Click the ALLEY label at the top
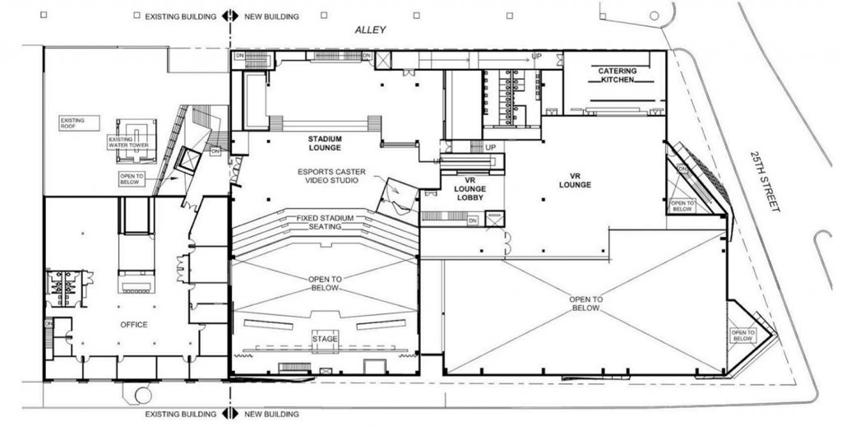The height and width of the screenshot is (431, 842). click(x=369, y=30)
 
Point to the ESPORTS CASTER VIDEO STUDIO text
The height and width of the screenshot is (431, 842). click(x=328, y=175)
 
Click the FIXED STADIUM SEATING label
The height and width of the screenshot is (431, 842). click(x=326, y=222)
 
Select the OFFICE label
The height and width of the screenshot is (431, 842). click(x=133, y=325)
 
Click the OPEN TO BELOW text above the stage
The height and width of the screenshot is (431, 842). click(x=326, y=284)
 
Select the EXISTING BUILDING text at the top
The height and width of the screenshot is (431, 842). click(x=181, y=16)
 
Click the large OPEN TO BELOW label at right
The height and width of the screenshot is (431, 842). click(x=587, y=304)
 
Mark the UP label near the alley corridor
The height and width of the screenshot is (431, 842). click(x=537, y=56)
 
